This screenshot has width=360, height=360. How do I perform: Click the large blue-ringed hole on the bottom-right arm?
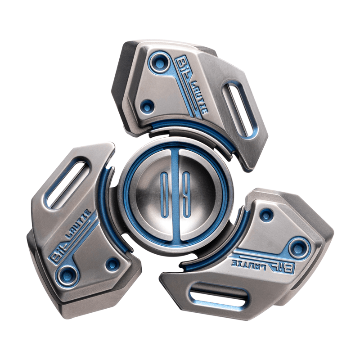pos(297,247)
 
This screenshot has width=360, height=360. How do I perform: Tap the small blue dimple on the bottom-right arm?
pos(266,215)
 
